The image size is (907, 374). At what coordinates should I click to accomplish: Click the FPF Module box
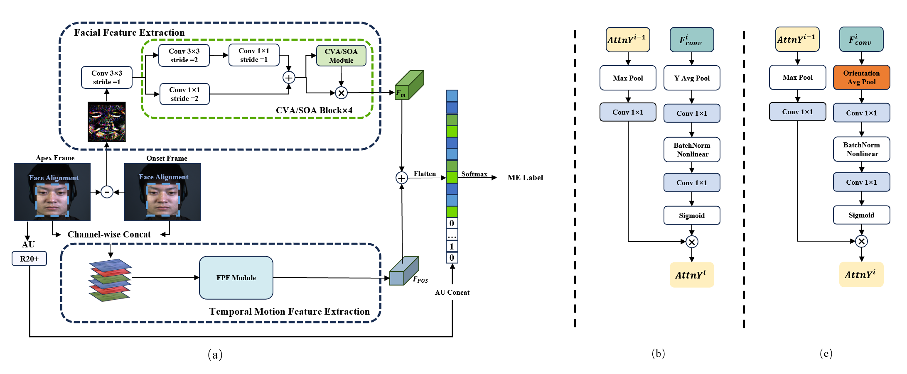[x=236, y=278]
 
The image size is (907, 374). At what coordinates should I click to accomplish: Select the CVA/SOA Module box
[x=341, y=56]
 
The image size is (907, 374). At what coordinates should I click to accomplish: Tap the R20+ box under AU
[x=29, y=259]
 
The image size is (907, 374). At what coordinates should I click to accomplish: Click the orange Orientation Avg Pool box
[x=861, y=78]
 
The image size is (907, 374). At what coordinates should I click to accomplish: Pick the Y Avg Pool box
[x=692, y=78]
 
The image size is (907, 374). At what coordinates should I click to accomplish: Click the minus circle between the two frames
[x=107, y=192]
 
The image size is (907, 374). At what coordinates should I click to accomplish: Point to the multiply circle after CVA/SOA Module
[x=341, y=93]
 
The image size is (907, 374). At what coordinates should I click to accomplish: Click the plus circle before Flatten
[x=401, y=178]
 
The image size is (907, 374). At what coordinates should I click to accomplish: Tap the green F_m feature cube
[x=409, y=85]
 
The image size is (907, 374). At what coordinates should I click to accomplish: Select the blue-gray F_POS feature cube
[x=404, y=271]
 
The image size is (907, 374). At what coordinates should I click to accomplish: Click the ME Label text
[x=525, y=178]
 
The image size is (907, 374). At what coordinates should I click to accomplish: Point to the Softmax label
[x=474, y=174]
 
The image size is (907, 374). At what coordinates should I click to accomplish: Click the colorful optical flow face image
[x=107, y=122]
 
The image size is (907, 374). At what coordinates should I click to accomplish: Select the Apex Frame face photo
[x=52, y=192]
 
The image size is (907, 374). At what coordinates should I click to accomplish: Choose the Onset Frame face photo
[x=162, y=192]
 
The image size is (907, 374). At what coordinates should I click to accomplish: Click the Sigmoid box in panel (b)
[x=692, y=215]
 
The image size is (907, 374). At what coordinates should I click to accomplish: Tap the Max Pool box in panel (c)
[x=797, y=77]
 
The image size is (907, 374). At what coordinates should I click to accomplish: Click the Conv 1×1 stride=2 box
[x=184, y=94]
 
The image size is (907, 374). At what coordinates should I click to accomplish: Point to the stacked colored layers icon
[x=110, y=280]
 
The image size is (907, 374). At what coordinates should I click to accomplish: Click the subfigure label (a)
[x=215, y=354]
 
